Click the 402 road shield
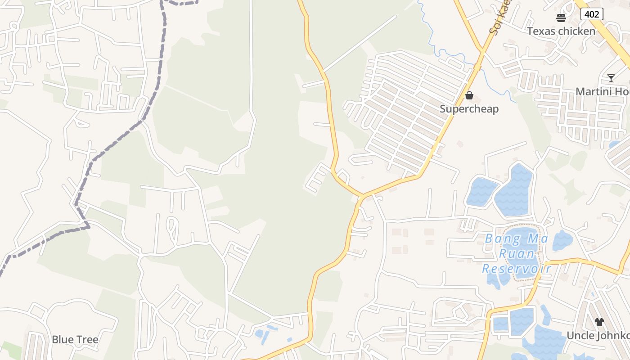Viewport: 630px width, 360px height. click(x=591, y=14)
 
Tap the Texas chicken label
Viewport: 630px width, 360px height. click(x=561, y=31)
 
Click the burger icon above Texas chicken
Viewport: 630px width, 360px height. click(x=561, y=18)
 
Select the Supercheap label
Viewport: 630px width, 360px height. click(x=469, y=109)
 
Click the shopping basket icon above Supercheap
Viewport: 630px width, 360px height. click(x=469, y=95)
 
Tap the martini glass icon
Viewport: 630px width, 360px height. click(x=611, y=78)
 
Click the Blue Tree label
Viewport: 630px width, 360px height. click(x=75, y=339)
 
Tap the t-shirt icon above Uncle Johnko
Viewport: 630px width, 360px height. click(x=599, y=322)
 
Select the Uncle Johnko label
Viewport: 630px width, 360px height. click(x=598, y=336)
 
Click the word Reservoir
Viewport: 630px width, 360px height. click(x=516, y=269)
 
